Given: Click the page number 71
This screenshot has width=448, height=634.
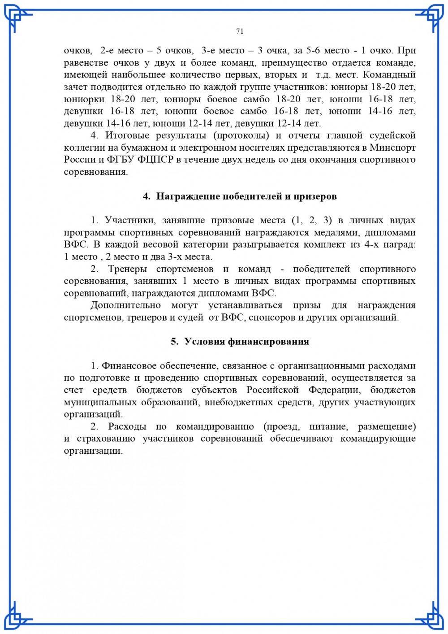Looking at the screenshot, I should pos(240,31).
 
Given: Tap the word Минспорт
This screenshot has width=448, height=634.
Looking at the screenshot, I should pos(392,148).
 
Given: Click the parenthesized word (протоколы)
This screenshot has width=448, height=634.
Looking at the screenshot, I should pos(241,135).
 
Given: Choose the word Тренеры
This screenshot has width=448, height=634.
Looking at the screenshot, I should pos(127,269).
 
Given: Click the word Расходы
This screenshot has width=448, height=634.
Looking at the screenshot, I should pos(127,426).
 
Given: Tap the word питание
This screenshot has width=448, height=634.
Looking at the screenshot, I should pos(327,426).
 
